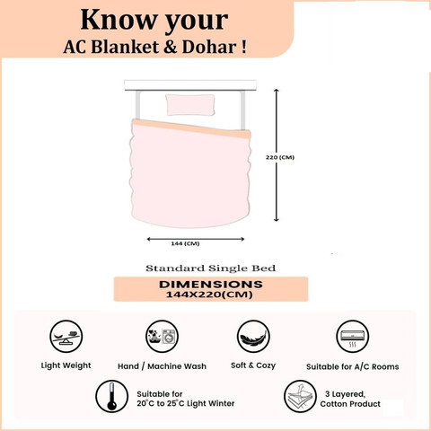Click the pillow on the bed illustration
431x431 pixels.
coord(190,105)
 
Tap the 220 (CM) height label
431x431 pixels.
coord(280,157)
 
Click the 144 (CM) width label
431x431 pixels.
coord(185,243)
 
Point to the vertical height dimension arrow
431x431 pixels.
coord(277,155)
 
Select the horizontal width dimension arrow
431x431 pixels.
coord(196,239)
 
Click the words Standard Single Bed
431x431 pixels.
coord(211,268)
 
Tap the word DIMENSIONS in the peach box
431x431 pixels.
coord(211,284)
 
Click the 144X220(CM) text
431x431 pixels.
coord(209,295)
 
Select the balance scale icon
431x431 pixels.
coord(66,337)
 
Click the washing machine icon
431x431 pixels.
coord(162,337)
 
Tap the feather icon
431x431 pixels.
coord(253,337)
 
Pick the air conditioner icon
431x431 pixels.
coord(352,337)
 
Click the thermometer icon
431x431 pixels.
coord(111,396)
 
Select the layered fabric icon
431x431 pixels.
coord(300,396)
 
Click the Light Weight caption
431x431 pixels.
coord(66,365)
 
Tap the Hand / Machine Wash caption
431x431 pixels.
coord(162,366)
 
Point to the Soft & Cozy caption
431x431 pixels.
coord(253,365)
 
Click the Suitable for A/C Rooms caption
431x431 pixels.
coord(353,367)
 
